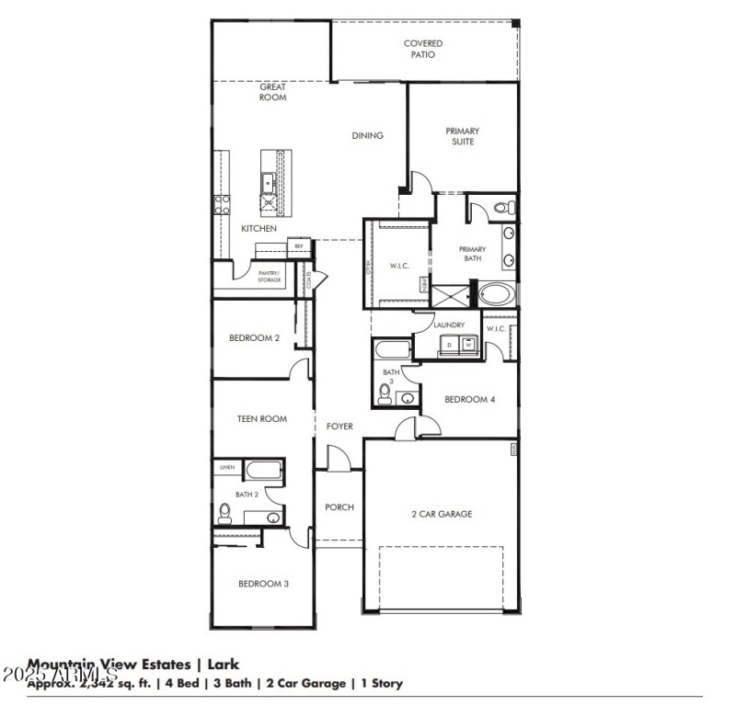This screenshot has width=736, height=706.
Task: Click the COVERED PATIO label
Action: pyautogui.click(x=422, y=49)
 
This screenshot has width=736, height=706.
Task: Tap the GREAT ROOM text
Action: pyautogui.click(x=272, y=92)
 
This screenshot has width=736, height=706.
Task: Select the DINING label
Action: pyautogui.click(x=367, y=136)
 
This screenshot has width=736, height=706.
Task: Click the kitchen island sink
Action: pyautogui.click(x=269, y=182)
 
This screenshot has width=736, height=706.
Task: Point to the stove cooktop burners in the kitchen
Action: pyautogui.click(x=221, y=202)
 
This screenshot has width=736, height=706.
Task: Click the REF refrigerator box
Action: pyautogui.click(x=298, y=246)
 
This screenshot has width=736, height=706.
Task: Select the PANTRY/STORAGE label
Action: pyautogui.click(x=269, y=276)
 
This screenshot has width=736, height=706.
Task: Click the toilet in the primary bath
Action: pyautogui.click(x=503, y=208)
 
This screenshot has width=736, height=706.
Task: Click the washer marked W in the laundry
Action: pyautogui.click(x=467, y=346)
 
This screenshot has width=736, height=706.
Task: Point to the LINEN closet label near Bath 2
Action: pyautogui.click(x=226, y=468)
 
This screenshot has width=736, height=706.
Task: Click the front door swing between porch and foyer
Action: pyautogui.click(x=338, y=461)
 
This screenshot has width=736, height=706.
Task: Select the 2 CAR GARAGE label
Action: pyautogui.click(x=441, y=514)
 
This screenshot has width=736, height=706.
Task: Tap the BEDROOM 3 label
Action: pyautogui.click(x=264, y=584)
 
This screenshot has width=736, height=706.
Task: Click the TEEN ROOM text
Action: pyautogui.click(x=261, y=419)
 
